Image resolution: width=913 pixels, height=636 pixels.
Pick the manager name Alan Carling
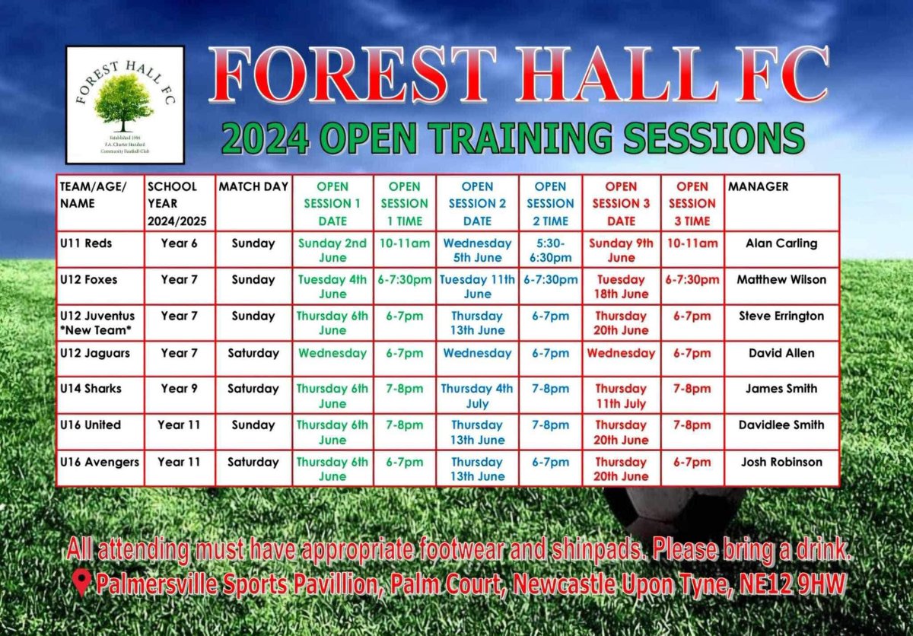(781, 243)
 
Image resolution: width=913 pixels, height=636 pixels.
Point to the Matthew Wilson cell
(781, 280)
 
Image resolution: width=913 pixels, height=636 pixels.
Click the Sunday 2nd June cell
(332, 250)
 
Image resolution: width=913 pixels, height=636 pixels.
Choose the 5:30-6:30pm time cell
(550, 250)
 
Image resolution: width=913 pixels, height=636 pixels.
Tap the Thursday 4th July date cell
(477, 396)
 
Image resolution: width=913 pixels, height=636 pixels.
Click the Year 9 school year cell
(179, 389)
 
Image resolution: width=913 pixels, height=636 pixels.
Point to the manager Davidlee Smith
(781, 425)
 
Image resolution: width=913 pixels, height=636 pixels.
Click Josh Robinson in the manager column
(781, 461)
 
